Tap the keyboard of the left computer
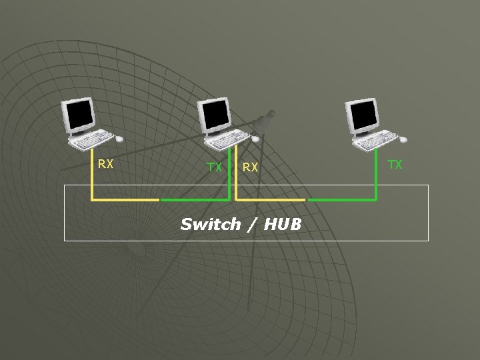point(89,140)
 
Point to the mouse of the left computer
point(119,139)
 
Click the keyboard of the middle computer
point(225,140)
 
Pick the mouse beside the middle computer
point(255,139)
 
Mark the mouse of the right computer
point(402,139)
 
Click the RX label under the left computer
point(105,163)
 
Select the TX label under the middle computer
point(214,167)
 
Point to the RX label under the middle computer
point(250,167)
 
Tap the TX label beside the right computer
point(395,164)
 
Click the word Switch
point(210,224)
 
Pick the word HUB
point(282,224)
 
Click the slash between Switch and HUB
point(251,224)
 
